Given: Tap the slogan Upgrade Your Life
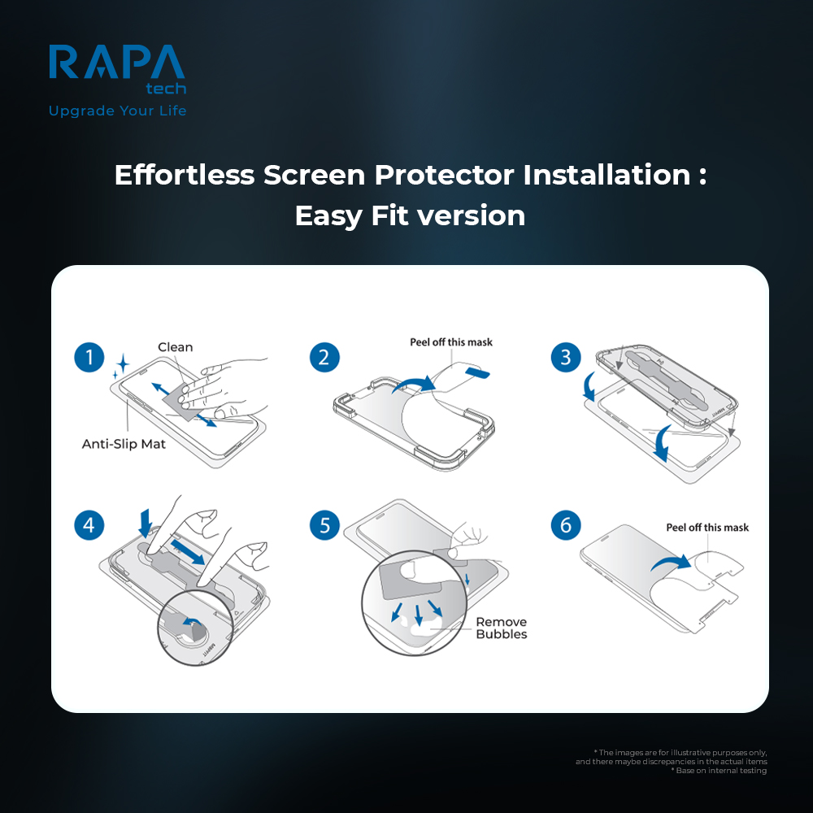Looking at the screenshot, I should click(x=117, y=111).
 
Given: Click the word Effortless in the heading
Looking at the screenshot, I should click(x=185, y=175).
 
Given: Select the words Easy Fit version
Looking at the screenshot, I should click(x=410, y=216).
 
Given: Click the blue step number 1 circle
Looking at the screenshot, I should click(x=89, y=358).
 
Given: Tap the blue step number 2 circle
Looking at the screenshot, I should click(x=324, y=358).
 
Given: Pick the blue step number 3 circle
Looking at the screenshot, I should click(x=566, y=358).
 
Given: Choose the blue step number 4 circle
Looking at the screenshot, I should click(x=89, y=525).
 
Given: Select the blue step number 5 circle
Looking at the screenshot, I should click(x=324, y=525).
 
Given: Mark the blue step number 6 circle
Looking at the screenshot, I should click(x=566, y=525).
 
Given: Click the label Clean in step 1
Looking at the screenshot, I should click(x=176, y=347).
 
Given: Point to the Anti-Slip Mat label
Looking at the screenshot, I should click(x=124, y=444).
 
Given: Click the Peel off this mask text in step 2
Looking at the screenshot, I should click(x=451, y=342).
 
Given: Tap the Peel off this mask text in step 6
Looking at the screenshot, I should click(x=707, y=528).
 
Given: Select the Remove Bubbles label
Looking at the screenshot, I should click(x=502, y=628).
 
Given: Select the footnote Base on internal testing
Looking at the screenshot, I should click(x=721, y=770).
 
